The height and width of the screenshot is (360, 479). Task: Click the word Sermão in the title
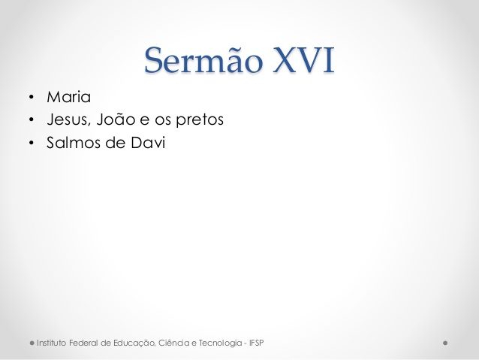[203, 59]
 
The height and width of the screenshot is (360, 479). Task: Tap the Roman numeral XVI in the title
[303, 60]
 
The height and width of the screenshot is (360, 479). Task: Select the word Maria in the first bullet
[69, 97]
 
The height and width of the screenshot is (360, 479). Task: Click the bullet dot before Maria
[32, 97]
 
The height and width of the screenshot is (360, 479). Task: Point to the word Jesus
[69, 119]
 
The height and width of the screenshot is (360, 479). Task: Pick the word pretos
[200, 120]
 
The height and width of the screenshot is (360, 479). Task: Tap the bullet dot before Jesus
[32, 120]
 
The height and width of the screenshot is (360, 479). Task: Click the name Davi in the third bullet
[148, 143]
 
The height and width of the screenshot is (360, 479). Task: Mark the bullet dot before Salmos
[32, 143]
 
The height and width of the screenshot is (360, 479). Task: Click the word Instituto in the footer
[51, 343]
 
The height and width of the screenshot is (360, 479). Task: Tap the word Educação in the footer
[134, 343]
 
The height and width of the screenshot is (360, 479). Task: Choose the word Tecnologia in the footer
[221, 343]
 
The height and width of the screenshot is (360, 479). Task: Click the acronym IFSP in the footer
[256, 343]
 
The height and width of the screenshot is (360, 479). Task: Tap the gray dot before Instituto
[32, 343]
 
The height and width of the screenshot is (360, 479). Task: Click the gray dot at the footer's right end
[445, 343]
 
